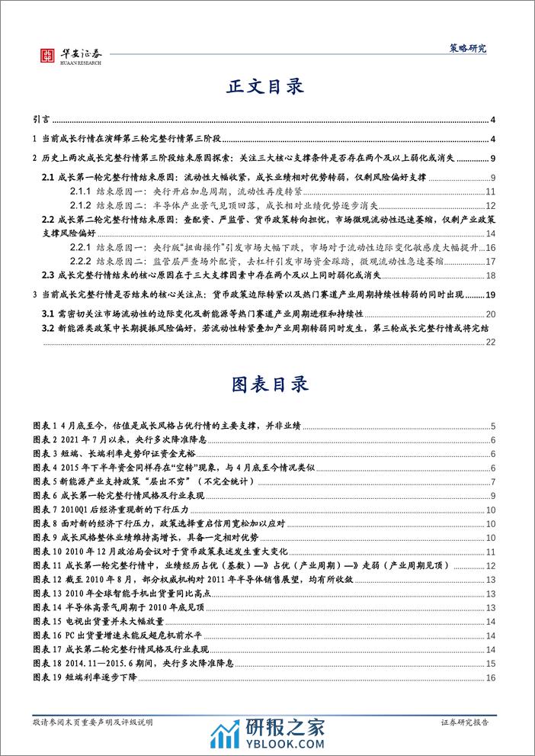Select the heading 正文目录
click(x=267, y=87)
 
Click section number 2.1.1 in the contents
click(x=82, y=192)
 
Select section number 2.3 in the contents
click(x=48, y=275)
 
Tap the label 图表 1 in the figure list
click(x=50, y=426)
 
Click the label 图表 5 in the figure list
click(x=50, y=481)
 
